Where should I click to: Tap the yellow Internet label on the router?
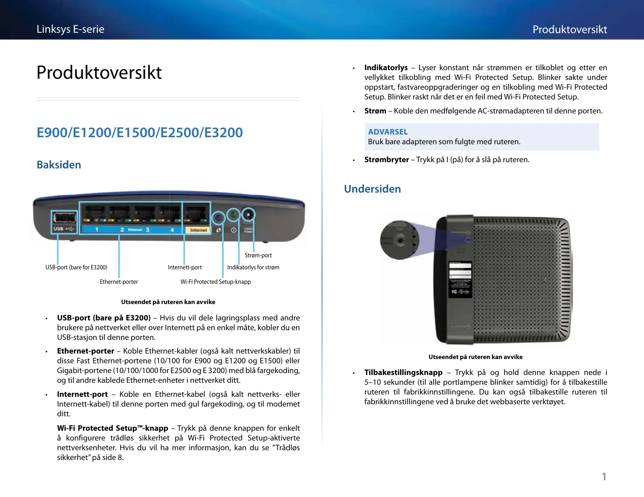pyautogui.click(x=198, y=230)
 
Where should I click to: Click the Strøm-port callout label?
pyautogui.click(x=258, y=255)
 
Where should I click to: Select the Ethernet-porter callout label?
pyautogui.click(x=119, y=282)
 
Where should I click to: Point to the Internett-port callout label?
pyautogui.click(x=185, y=267)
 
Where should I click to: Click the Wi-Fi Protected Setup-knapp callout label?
pyautogui.click(x=215, y=282)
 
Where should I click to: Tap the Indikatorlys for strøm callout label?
pyautogui.click(x=253, y=267)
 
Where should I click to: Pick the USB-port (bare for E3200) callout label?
pyautogui.click(x=76, y=267)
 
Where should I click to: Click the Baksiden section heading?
pyautogui.click(x=59, y=165)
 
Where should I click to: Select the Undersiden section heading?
pyautogui.click(x=372, y=189)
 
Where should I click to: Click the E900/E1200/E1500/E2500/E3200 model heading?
pyautogui.click(x=140, y=133)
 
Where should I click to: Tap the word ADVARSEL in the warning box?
pyautogui.click(x=388, y=132)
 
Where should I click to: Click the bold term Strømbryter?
pyautogui.click(x=386, y=159)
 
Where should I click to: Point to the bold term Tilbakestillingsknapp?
pyautogui.click(x=403, y=372)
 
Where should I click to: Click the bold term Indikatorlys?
pyautogui.click(x=386, y=67)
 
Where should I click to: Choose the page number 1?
pyautogui.click(x=604, y=476)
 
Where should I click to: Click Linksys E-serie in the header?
pyautogui.click(x=70, y=29)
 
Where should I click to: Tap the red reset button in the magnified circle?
pyautogui.click(x=400, y=240)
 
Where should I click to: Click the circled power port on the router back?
pyautogui.click(x=248, y=214)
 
